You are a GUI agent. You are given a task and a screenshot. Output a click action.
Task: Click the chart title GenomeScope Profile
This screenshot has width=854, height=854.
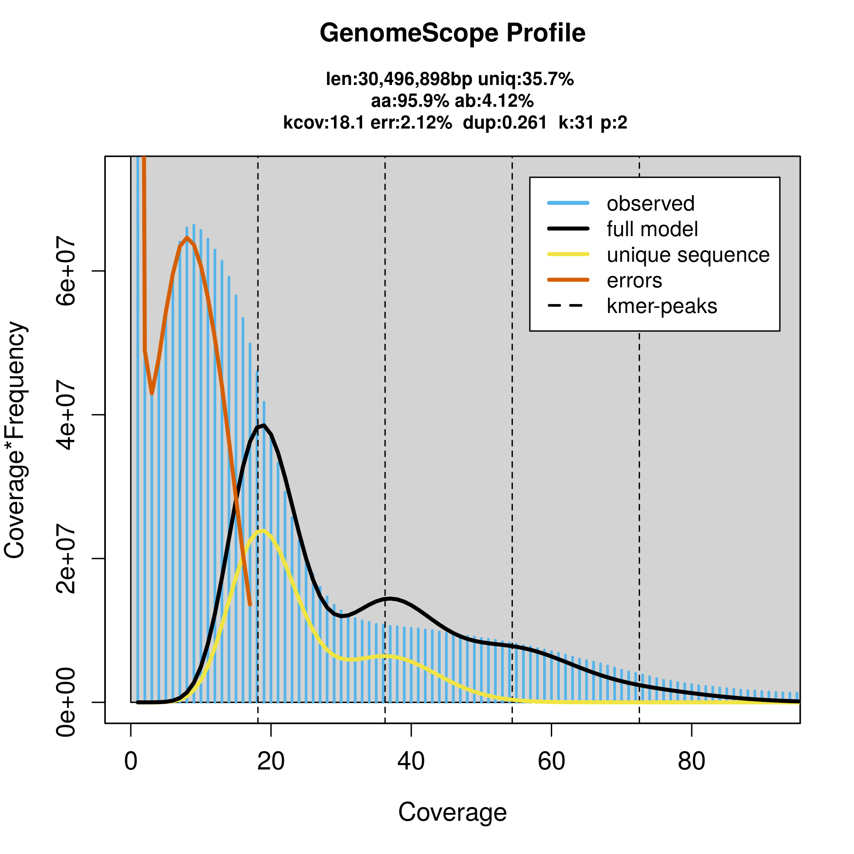tap(452, 33)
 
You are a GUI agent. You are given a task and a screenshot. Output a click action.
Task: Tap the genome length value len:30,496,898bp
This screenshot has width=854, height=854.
tap(399, 79)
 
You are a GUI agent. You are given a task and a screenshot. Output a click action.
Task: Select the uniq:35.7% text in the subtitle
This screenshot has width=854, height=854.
tap(526, 79)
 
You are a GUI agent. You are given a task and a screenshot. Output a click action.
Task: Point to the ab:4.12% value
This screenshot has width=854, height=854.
tap(494, 101)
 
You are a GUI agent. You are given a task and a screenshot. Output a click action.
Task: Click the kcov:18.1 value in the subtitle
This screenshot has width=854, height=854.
tap(324, 123)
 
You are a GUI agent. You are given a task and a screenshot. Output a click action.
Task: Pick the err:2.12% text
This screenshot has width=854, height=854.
tap(411, 123)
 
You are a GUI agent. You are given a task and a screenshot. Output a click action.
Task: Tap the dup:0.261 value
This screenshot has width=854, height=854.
tap(505, 123)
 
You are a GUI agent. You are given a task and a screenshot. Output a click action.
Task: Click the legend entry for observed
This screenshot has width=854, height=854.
tap(650, 204)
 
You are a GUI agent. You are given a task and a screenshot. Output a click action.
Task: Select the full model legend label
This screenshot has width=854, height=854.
tap(652, 229)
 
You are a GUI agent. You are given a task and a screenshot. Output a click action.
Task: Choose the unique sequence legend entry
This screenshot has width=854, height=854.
tap(688, 255)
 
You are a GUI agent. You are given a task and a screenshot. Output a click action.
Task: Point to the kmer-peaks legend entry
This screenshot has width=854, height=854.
tap(662, 306)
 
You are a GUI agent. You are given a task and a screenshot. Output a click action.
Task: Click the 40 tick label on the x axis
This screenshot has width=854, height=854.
tap(411, 761)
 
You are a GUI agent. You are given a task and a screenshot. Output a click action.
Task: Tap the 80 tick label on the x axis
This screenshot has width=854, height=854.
tap(691, 761)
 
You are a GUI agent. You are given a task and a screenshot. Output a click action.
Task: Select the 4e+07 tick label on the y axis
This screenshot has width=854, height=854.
tap(66, 415)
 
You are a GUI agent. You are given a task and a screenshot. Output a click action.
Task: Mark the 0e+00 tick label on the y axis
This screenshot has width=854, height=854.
tap(66, 702)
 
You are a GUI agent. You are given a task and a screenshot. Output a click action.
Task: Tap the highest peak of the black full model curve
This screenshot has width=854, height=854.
tap(264, 425)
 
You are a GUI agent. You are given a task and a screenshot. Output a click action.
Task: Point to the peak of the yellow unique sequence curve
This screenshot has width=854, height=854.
tap(263, 531)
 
